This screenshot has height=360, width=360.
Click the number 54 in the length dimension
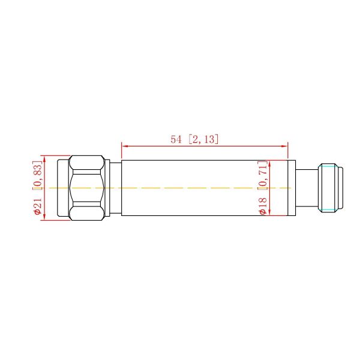tap(176, 139)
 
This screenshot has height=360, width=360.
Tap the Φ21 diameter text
tap(37, 205)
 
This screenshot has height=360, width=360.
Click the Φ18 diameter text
tap(262, 204)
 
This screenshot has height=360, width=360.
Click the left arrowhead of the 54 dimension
tap(125, 145)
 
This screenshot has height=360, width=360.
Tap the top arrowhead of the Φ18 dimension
tap(271, 163)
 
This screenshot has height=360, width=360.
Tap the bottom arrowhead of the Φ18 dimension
tap(271, 212)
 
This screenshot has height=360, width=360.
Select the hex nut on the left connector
tap(87, 188)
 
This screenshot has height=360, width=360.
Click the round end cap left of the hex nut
tap(63, 188)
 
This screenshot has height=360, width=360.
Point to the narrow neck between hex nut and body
tap(115, 188)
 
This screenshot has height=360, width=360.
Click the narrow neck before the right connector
tap(308, 188)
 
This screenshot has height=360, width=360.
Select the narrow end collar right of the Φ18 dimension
tap(292, 188)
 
